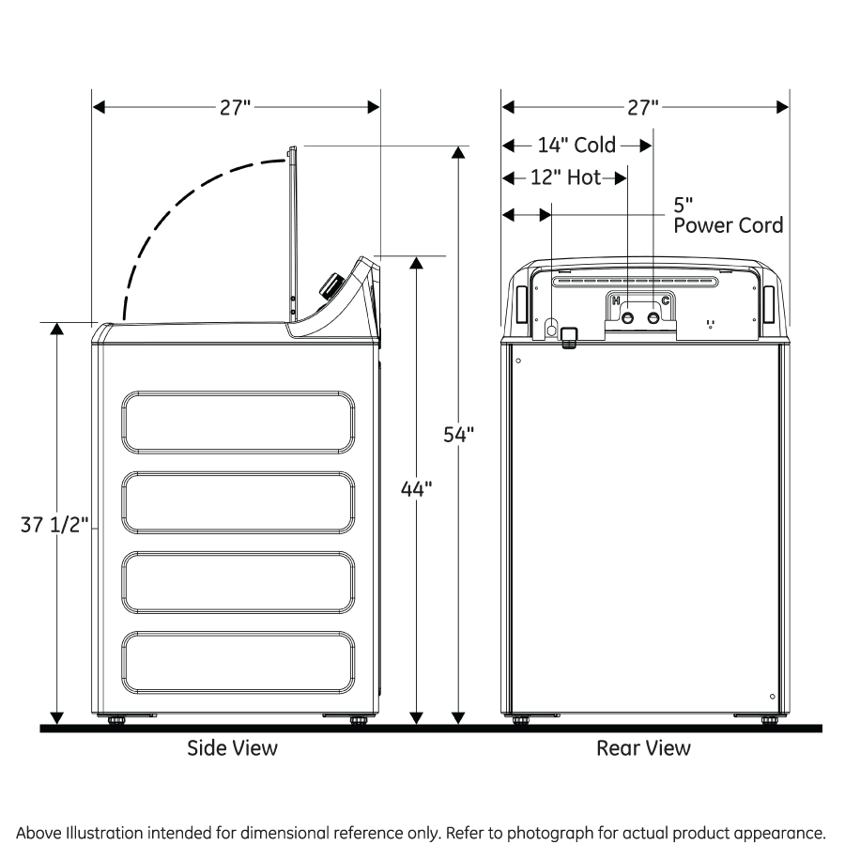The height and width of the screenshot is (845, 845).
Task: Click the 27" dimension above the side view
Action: click(236, 107)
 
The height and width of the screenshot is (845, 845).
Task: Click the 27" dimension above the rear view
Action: click(644, 107)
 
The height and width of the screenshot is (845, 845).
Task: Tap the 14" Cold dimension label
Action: click(576, 146)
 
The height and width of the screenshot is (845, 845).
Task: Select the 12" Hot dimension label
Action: click(565, 177)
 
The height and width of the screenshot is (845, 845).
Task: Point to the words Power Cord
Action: click(728, 225)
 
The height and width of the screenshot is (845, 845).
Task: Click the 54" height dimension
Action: click(459, 434)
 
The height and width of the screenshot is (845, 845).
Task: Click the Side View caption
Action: click(232, 748)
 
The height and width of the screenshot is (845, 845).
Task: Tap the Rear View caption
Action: click(643, 748)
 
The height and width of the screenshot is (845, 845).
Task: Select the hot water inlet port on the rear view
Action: click(628, 318)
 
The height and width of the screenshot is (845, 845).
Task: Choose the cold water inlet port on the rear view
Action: click(653, 318)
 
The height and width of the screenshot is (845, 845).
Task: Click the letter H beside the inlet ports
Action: click(616, 300)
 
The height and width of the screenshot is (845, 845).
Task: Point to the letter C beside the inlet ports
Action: click(666, 300)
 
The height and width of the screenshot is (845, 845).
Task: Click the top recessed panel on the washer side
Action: click(238, 422)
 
